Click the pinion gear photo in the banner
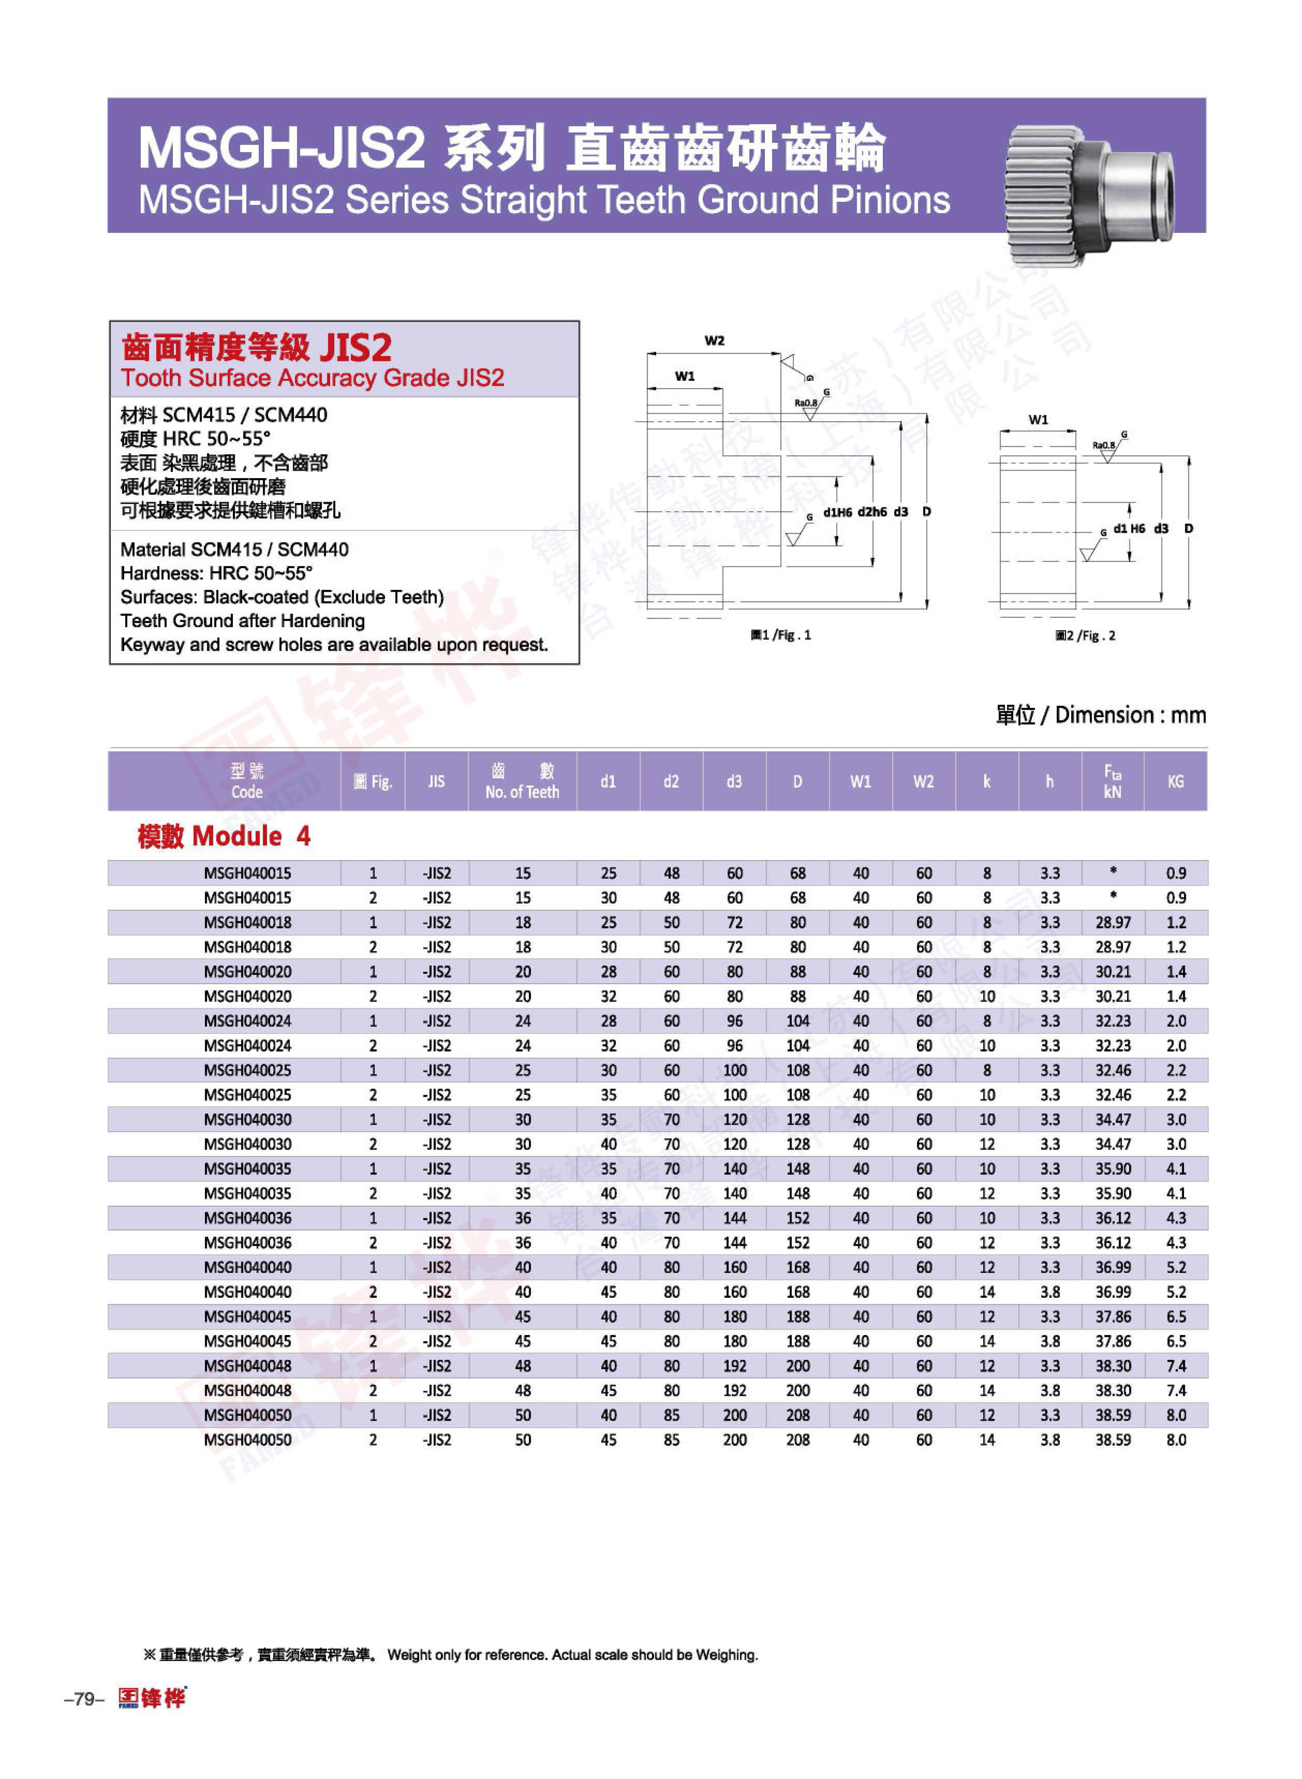click(1088, 193)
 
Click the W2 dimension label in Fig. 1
click(714, 340)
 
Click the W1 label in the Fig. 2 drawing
click(1038, 419)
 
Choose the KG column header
click(1175, 781)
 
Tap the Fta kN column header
click(1112, 781)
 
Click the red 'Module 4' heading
click(224, 836)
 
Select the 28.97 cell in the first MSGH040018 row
click(1112, 922)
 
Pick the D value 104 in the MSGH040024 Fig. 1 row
click(797, 1021)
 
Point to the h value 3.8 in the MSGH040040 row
click(1050, 1292)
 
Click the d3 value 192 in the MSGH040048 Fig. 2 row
click(735, 1391)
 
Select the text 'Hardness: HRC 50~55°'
click(216, 573)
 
